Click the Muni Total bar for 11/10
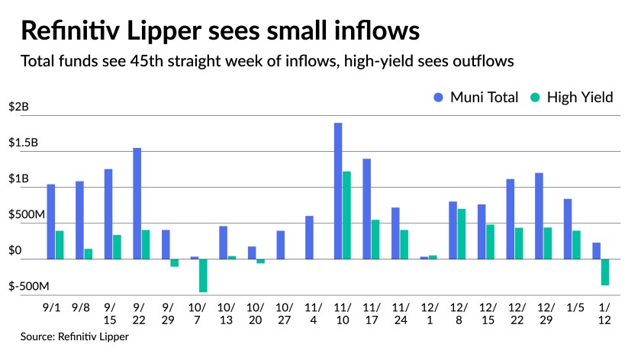tap(338, 191)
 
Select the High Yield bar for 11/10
tap(347, 215)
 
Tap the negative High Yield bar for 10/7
tap(204, 275)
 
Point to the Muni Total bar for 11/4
tap(309, 237)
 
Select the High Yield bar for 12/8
tap(462, 233)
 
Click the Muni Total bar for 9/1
tap(51, 221)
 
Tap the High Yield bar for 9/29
tap(175, 263)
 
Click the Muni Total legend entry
tap(475, 97)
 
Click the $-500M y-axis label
tap(29, 287)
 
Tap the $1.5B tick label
tap(24, 143)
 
